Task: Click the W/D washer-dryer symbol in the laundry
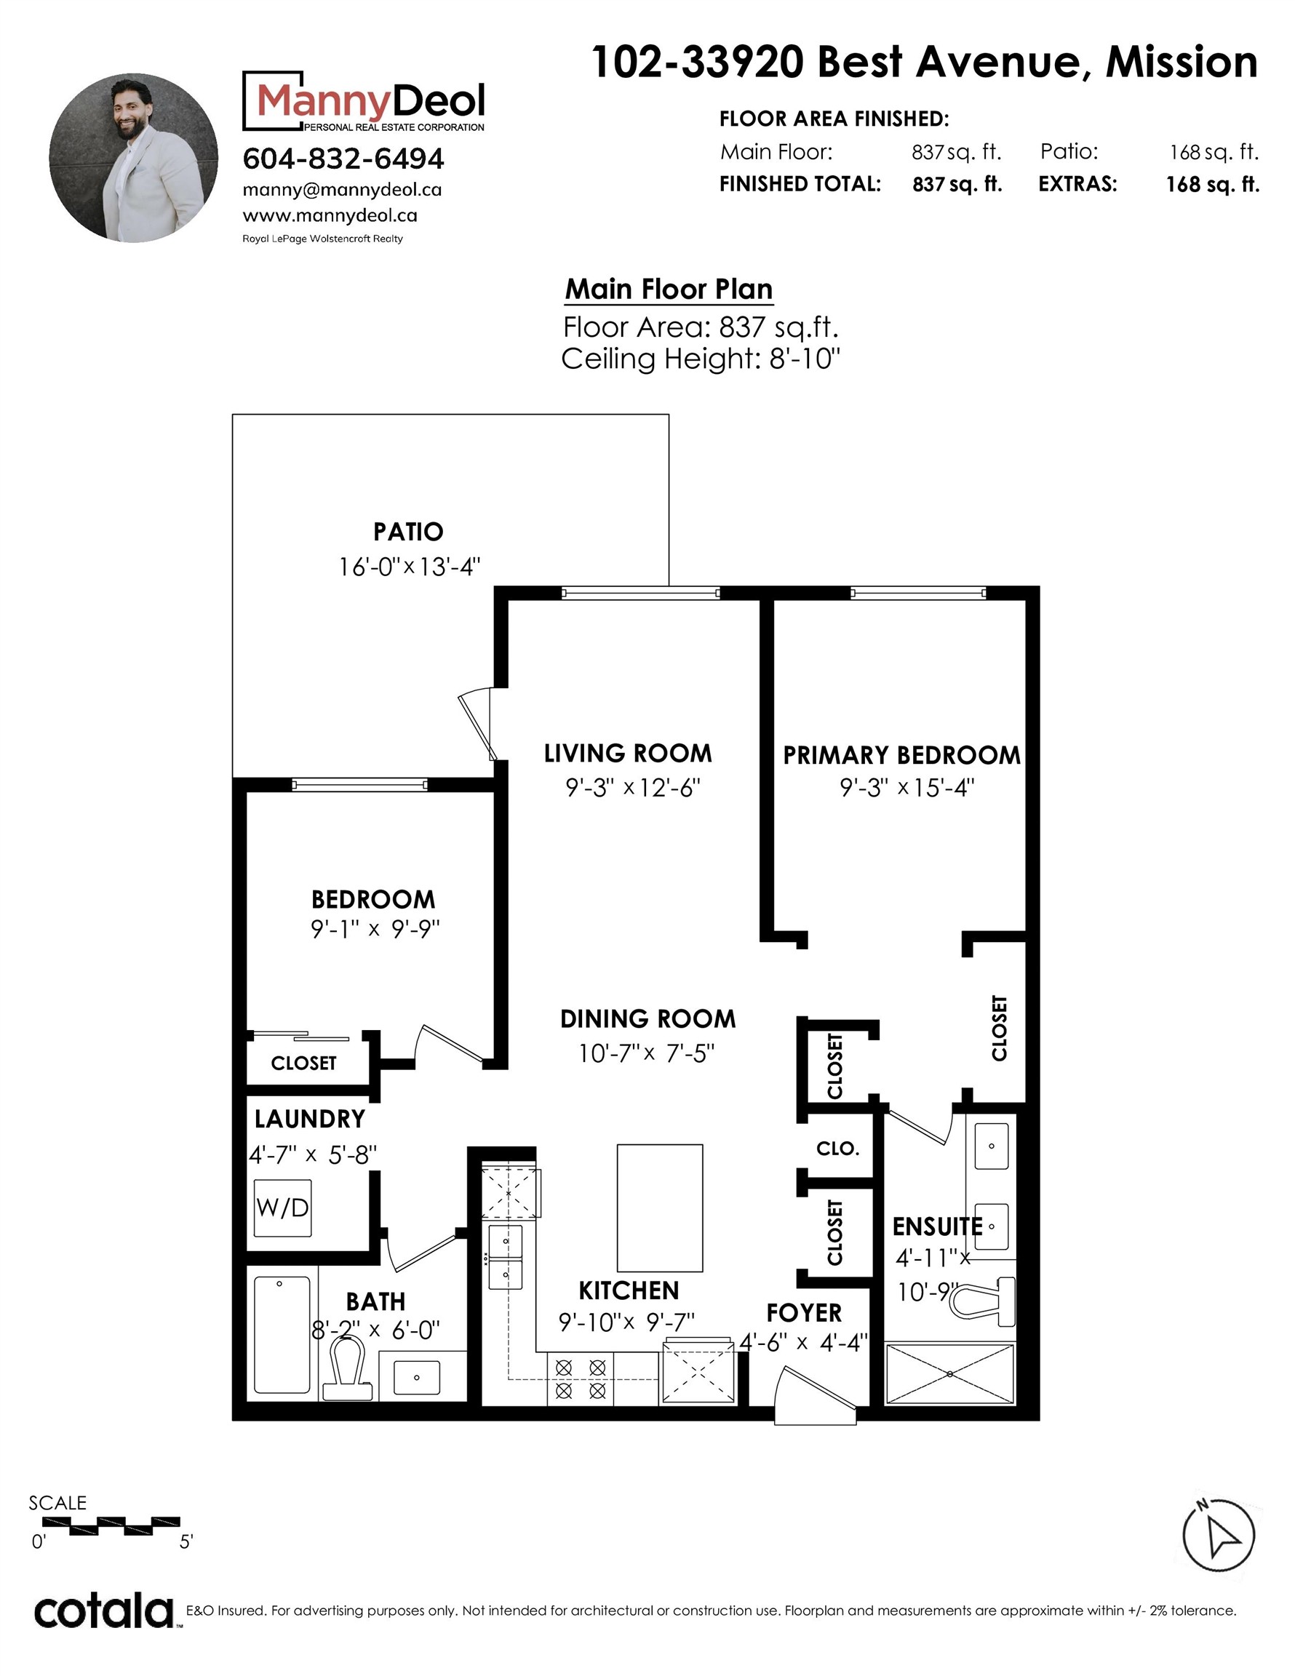tap(283, 1208)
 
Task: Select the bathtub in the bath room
tap(282, 1335)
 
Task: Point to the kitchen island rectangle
tap(660, 1208)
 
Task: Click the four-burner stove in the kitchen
tap(581, 1378)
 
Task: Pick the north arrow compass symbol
tap(1218, 1536)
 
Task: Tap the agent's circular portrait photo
tap(134, 158)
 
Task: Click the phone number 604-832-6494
tap(343, 159)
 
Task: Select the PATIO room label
tap(408, 532)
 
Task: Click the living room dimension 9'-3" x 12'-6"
tap(633, 787)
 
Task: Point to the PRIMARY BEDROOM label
tap(902, 755)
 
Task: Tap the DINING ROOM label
tap(648, 1019)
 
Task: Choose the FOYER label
tap(804, 1313)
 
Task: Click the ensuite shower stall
tap(949, 1373)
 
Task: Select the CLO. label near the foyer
tap(837, 1149)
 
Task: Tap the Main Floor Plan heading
tap(669, 290)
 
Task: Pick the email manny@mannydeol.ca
tap(342, 190)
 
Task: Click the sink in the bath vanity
tap(417, 1378)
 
